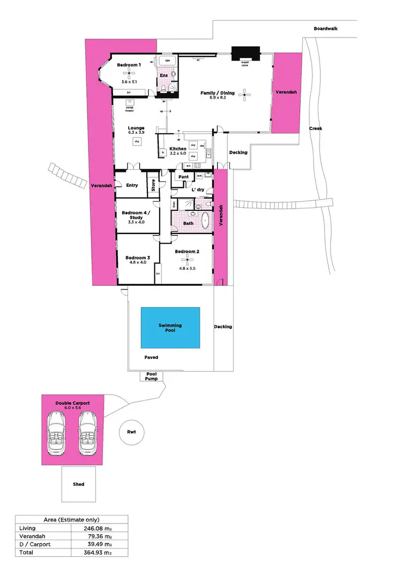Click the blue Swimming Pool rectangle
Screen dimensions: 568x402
click(x=170, y=328)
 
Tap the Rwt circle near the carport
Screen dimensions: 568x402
click(x=131, y=431)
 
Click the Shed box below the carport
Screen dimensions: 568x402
click(x=78, y=484)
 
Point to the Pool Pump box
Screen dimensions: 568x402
click(x=151, y=376)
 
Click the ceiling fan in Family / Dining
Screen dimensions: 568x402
click(x=245, y=95)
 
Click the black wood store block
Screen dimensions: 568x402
click(x=245, y=53)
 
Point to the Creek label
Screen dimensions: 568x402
click(x=315, y=128)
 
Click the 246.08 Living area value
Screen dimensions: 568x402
click(x=100, y=528)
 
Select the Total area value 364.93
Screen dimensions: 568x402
click(x=100, y=552)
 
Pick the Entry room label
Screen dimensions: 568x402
click(x=132, y=185)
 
